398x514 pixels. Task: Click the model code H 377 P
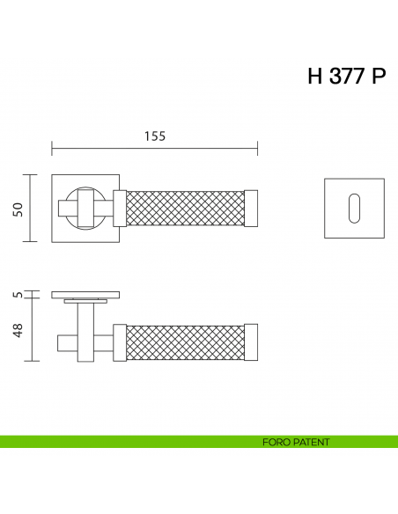click(x=346, y=77)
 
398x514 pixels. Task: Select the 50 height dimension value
click(x=17, y=208)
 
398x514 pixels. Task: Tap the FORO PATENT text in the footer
click(x=296, y=442)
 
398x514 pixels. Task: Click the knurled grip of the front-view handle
click(x=186, y=208)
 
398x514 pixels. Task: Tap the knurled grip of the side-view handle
click(x=186, y=341)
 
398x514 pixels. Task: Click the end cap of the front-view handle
click(x=252, y=208)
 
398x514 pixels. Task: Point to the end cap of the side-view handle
click(x=252, y=341)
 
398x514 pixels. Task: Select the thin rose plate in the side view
click(x=86, y=293)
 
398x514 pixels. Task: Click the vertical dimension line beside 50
click(x=33, y=208)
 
